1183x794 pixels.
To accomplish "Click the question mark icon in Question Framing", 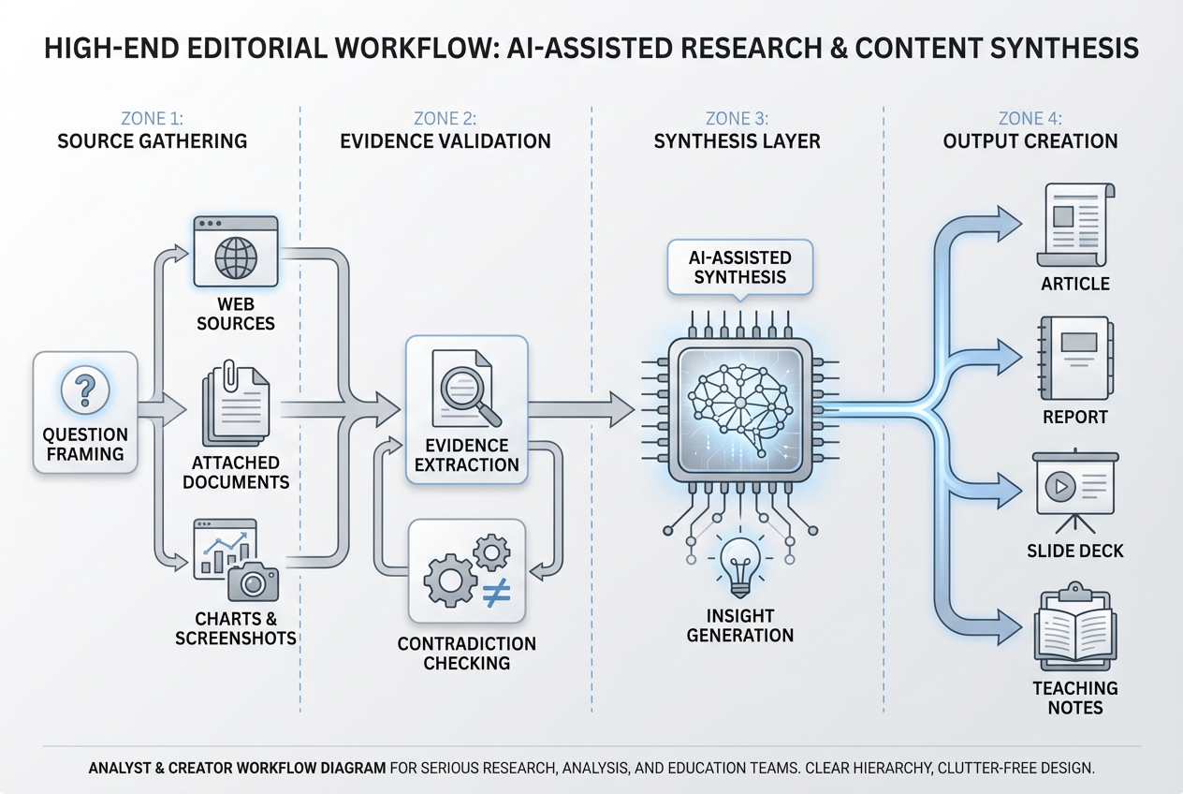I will coord(85,390).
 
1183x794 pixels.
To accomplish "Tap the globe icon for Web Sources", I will coord(235,257).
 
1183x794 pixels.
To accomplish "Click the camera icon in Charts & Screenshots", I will coord(253,583).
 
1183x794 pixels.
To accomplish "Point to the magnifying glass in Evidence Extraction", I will coord(465,390).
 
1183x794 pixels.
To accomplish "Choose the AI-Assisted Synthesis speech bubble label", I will coord(739,267).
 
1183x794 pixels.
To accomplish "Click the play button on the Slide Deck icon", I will coord(1060,487).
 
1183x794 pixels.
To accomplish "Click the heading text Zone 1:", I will coord(153,119).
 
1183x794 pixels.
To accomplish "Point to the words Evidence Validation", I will coord(445,141).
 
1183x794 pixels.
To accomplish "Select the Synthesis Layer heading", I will coord(738,141).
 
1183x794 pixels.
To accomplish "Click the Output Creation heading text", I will coord(1030,141).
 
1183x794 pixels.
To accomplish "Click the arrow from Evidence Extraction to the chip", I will coord(580,408).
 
